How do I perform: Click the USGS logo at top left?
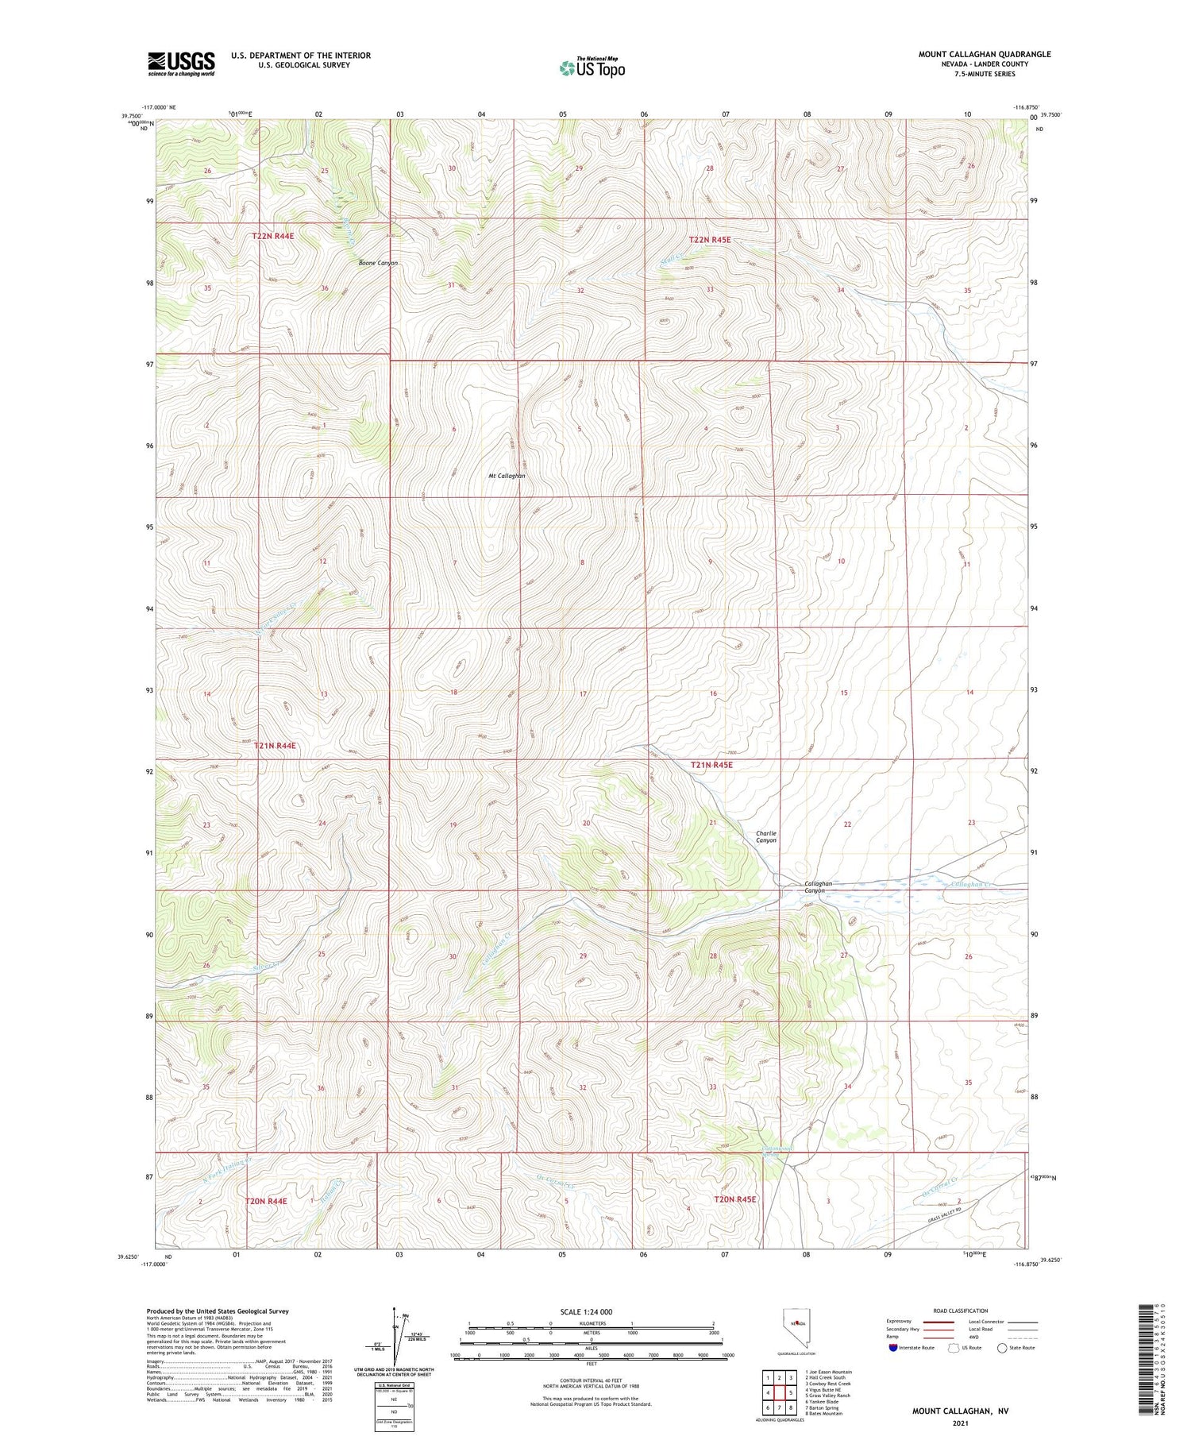[181, 64]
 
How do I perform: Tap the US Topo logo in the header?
[592, 68]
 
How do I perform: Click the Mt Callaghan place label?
[507, 476]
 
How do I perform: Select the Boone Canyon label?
[378, 263]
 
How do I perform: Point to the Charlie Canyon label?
[766, 836]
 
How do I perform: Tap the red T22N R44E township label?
[273, 236]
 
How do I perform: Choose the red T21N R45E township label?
[711, 765]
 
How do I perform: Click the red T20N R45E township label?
[734, 1199]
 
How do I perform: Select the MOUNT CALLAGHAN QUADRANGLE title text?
[985, 54]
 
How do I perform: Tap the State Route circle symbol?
[1003, 1348]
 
